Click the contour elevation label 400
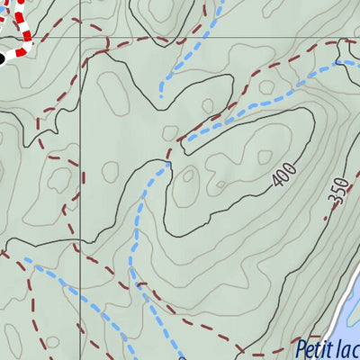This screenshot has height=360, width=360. pos(283,177)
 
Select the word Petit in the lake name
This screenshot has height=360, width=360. pos(315,350)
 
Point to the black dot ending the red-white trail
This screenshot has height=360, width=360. pos(2,58)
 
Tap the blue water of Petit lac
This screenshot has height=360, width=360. pos(346,306)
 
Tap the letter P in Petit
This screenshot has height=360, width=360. pos(301,350)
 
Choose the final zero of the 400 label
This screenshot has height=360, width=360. pos(290,170)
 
